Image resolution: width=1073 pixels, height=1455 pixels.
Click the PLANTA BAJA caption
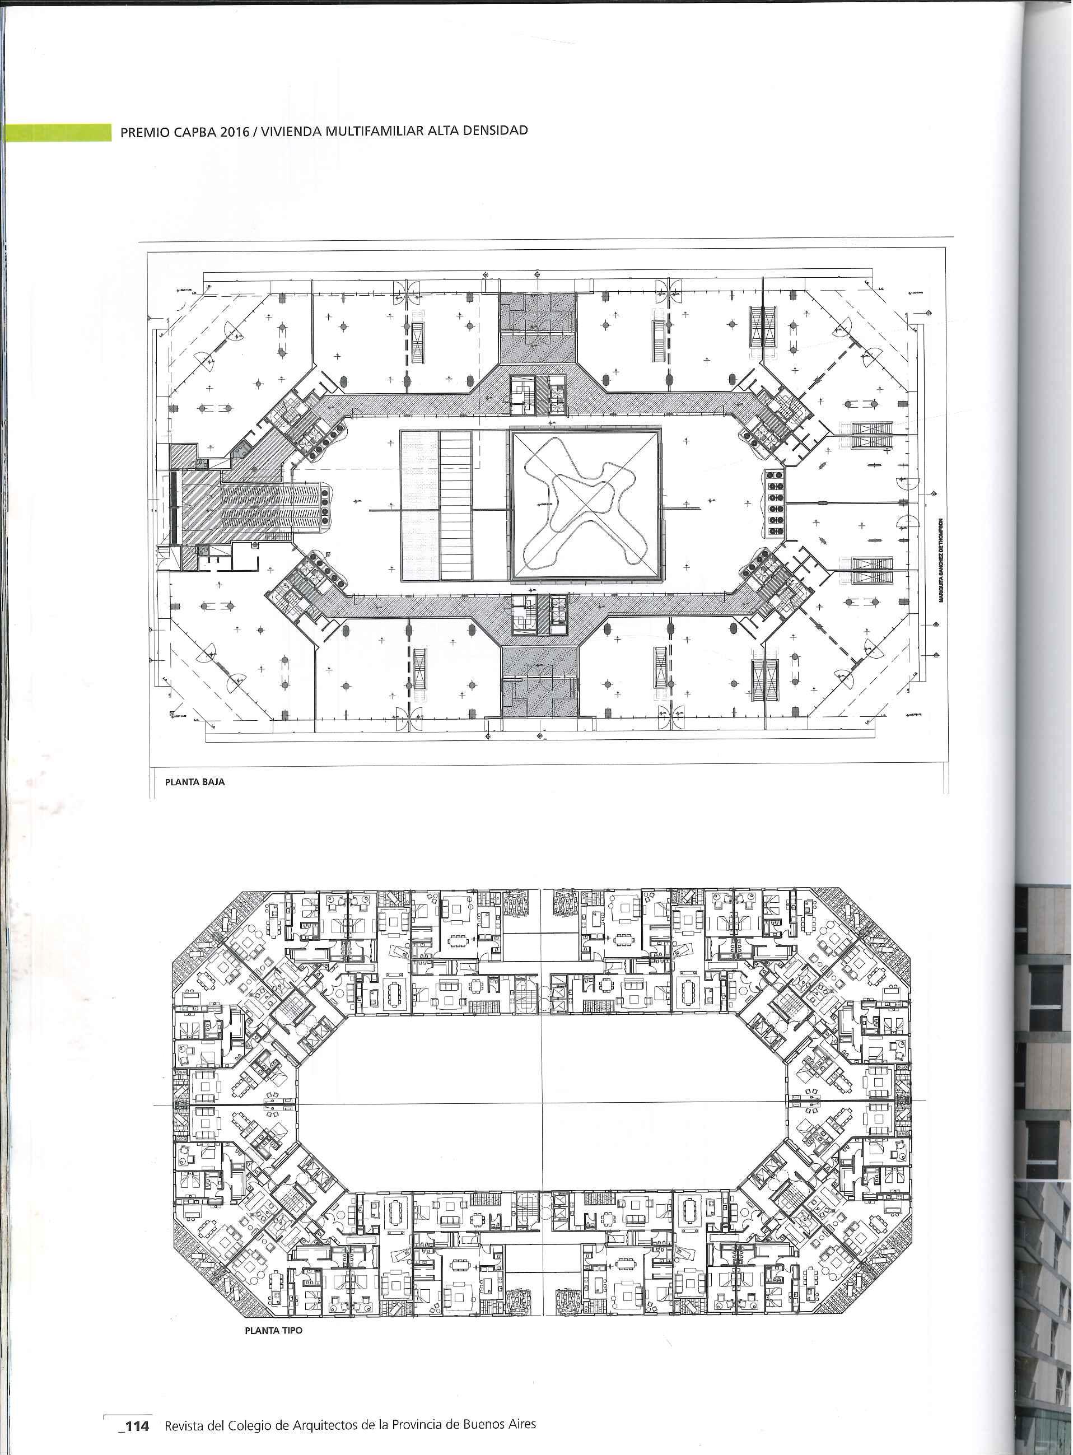[x=195, y=782]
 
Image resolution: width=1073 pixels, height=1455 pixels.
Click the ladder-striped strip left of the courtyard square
[x=455, y=505]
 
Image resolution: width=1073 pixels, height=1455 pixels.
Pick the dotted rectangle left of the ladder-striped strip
[x=419, y=505]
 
